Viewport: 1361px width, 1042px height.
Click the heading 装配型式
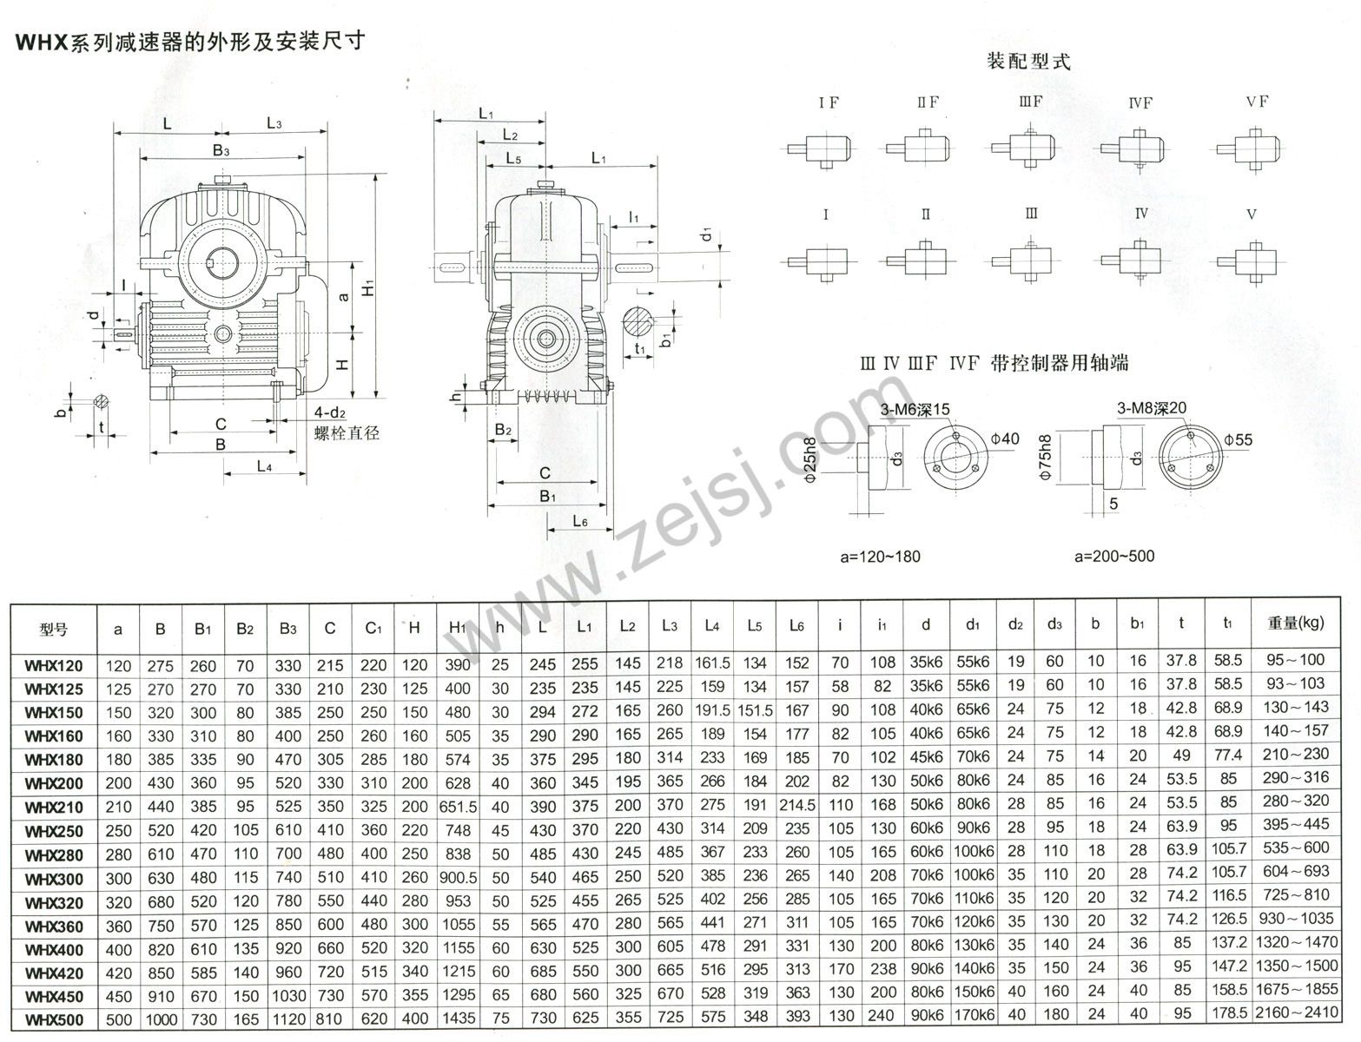pos(1028,62)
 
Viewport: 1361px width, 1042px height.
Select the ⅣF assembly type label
pos(1141,102)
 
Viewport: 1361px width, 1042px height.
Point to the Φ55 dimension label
pos(1238,440)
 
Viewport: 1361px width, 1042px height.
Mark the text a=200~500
pos(1114,556)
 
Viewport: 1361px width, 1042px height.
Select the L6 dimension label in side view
pos(581,521)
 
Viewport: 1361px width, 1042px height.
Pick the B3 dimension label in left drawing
pos(221,151)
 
